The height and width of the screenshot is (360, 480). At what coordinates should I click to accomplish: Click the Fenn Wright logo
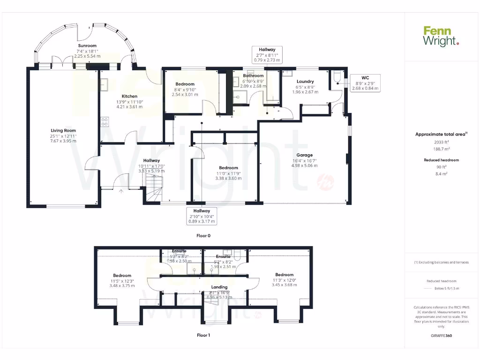pos(441,36)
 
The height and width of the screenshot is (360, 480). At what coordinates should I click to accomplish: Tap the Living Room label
pos(63,130)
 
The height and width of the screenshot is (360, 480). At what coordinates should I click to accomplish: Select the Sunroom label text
pos(87,45)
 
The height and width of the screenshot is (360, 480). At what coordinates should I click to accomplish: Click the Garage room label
pos(304,155)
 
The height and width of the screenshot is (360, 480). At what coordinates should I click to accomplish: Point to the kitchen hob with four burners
pos(105,122)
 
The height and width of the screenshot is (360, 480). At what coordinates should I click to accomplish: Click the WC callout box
pos(364,82)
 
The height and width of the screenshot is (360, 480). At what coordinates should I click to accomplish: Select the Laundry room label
pos(305,82)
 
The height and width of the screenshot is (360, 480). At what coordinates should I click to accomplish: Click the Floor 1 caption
pos(203,335)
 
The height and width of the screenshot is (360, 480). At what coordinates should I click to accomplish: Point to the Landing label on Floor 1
pos(219,287)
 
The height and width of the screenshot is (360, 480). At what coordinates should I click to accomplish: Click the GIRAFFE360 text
pos(441,336)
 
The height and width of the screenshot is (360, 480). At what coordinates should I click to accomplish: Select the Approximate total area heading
pos(441,134)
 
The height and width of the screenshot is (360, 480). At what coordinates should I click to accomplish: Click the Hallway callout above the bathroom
pos(267,54)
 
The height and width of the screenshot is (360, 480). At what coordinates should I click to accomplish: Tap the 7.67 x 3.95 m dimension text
pos(63,141)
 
